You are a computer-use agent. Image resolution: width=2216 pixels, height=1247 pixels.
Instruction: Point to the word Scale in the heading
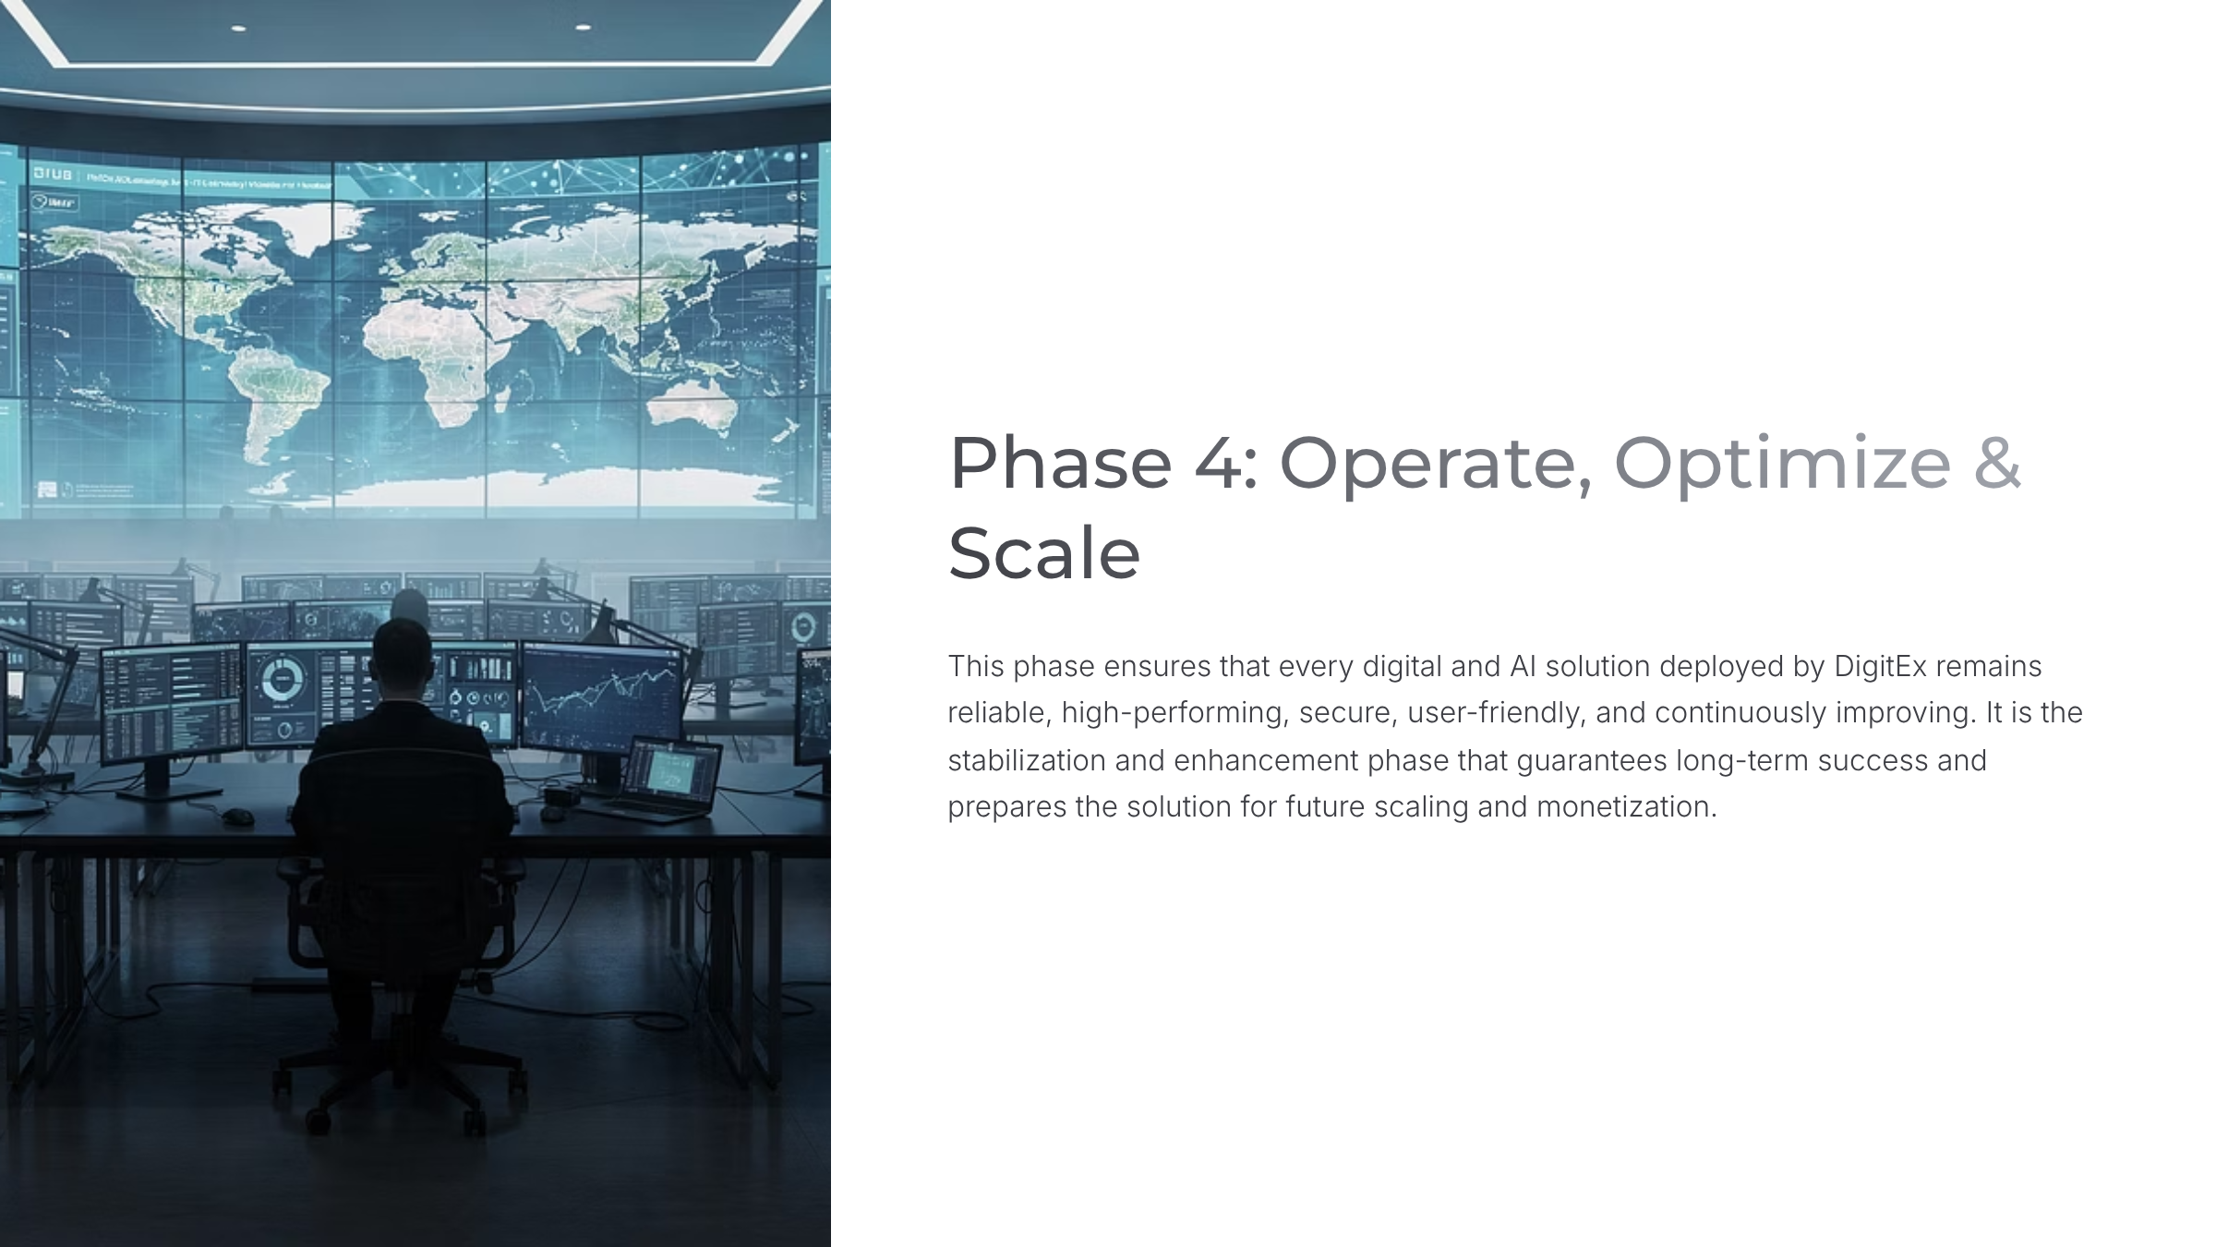pyautogui.click(x=1044, y=552)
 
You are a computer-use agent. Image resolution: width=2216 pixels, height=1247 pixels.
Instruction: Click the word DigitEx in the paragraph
pyautogui.click(x=1879, y=666)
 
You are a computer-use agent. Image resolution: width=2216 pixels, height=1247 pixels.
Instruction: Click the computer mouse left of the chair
pyautogui.click(x=238, y=817)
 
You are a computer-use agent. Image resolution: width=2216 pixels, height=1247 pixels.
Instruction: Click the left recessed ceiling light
pyautogui.click(x=238, y=29)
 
